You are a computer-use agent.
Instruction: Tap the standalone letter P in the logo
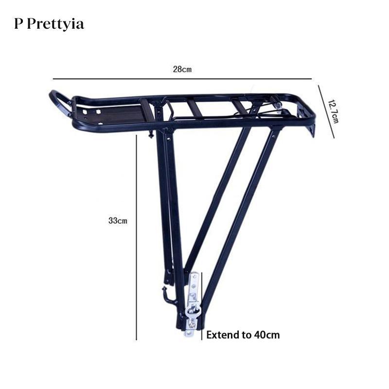click(18, 23)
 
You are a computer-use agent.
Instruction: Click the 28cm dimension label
click(182, 69)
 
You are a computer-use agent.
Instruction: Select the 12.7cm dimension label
click(333, 111)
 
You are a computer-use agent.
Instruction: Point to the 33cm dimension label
click(118, 220)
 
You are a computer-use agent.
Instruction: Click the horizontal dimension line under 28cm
click(182, 79)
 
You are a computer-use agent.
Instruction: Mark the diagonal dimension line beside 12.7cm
click(326, 112)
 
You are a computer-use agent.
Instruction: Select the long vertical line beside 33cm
click(137, 237)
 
